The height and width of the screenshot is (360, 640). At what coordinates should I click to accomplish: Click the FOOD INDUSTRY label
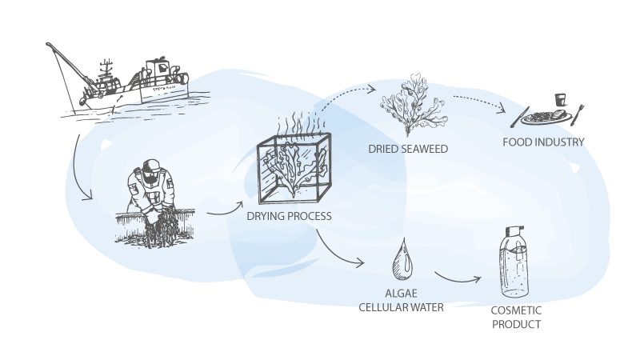coord(543,142)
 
